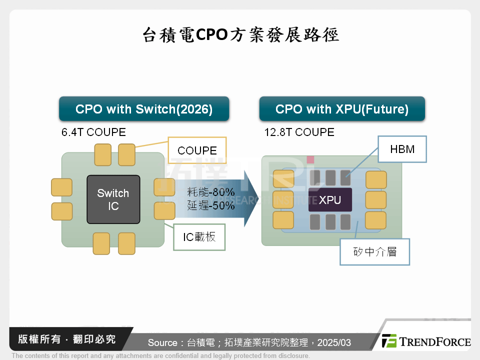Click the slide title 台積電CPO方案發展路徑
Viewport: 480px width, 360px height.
pos(240,35)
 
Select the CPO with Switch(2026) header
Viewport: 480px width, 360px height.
pos(144,109)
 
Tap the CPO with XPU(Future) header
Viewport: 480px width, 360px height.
pos(342,109)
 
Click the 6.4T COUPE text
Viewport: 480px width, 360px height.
pos(93,132)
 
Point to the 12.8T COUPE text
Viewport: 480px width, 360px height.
pos(299,132)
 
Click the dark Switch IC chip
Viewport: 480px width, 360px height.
pos(113,199)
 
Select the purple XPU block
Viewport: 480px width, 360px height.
pos(330,199)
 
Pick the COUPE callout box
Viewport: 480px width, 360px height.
pos(197,150)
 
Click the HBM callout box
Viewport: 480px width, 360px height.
pos(402,149)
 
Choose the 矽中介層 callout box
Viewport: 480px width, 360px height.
pos(374,252)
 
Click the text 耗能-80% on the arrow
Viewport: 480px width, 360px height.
pos(211,192)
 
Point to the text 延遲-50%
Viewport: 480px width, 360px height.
pos(211,205)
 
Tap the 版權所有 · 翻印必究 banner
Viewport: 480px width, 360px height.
pos(66,339)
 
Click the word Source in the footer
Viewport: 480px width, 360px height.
pos(163,342)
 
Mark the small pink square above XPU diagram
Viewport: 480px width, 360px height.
pos(310,159)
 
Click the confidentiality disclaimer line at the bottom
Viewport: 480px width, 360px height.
pos(160,356)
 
